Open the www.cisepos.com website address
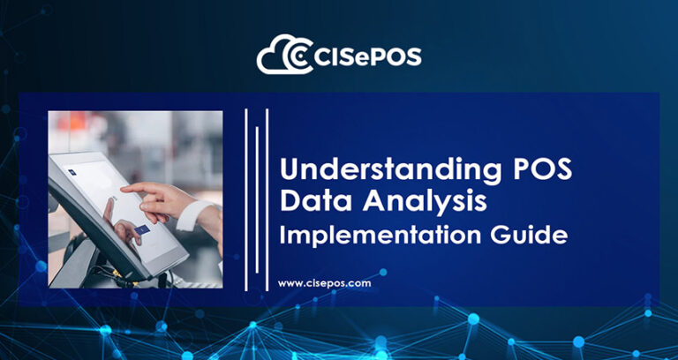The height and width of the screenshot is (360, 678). pos(324,284)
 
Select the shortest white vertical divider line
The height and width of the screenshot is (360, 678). pos(256,199)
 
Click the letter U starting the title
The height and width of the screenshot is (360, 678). pos(289,169)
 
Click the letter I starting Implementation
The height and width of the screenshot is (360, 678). pos(282,236)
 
